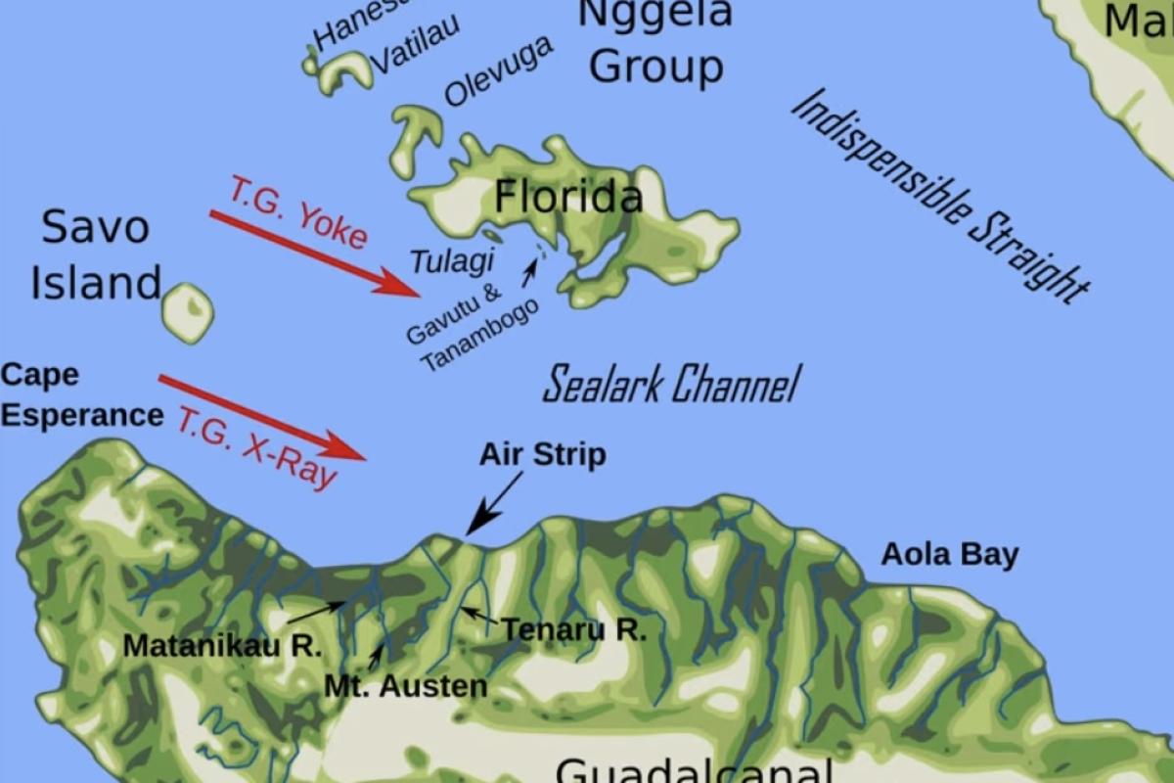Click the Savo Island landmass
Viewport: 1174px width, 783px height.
pos(187,313)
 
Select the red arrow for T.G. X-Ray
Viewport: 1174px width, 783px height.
pos(262,417)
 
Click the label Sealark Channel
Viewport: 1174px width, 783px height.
pos(670,385)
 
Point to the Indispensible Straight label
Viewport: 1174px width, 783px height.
pos(939,196)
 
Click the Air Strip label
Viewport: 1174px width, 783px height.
pos(542,455)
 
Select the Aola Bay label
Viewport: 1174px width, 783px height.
pos(949,555)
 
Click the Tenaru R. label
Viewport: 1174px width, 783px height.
pos(574,630)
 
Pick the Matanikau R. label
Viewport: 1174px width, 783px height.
pos(223,646)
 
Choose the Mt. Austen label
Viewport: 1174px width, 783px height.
pos(405,686)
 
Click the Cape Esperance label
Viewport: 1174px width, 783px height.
pos(80,395)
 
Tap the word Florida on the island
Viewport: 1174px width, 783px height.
pos(568,198)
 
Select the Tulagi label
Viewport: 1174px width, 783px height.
pos(451,261)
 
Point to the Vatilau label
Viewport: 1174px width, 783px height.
pos(416,44)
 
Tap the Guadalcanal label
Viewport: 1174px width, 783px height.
pos(695,768)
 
